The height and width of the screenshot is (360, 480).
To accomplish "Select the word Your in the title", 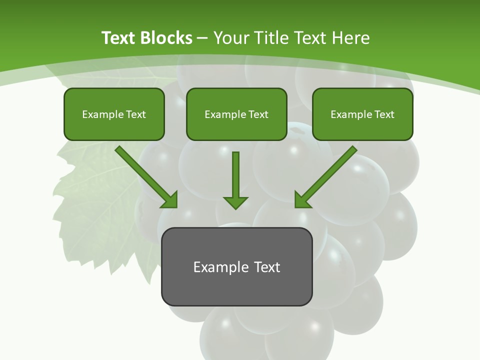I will click(231, 38).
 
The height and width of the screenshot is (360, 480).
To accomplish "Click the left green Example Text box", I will click(114, 114).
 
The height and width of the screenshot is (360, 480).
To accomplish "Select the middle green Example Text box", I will click(236, 114).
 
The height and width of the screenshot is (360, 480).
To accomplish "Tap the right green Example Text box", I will click(362, 114).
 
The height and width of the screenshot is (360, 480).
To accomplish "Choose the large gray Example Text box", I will click(236, 266).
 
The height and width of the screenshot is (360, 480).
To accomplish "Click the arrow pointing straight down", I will click(235, 180).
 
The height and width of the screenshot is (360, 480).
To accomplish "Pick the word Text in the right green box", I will click(384, 114).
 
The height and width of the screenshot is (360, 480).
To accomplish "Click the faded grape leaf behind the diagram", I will click(95, 210).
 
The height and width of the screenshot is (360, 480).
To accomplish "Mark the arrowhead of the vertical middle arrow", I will click(235, 202).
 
